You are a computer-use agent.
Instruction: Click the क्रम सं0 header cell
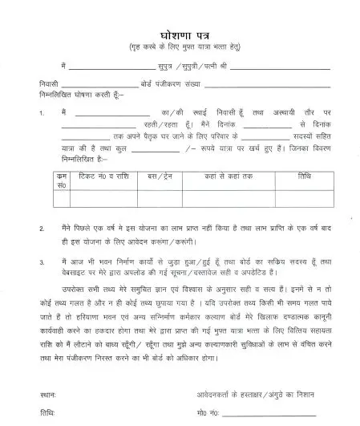click(x=62, y=179)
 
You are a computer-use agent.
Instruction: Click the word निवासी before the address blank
click(x=48, y=83)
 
